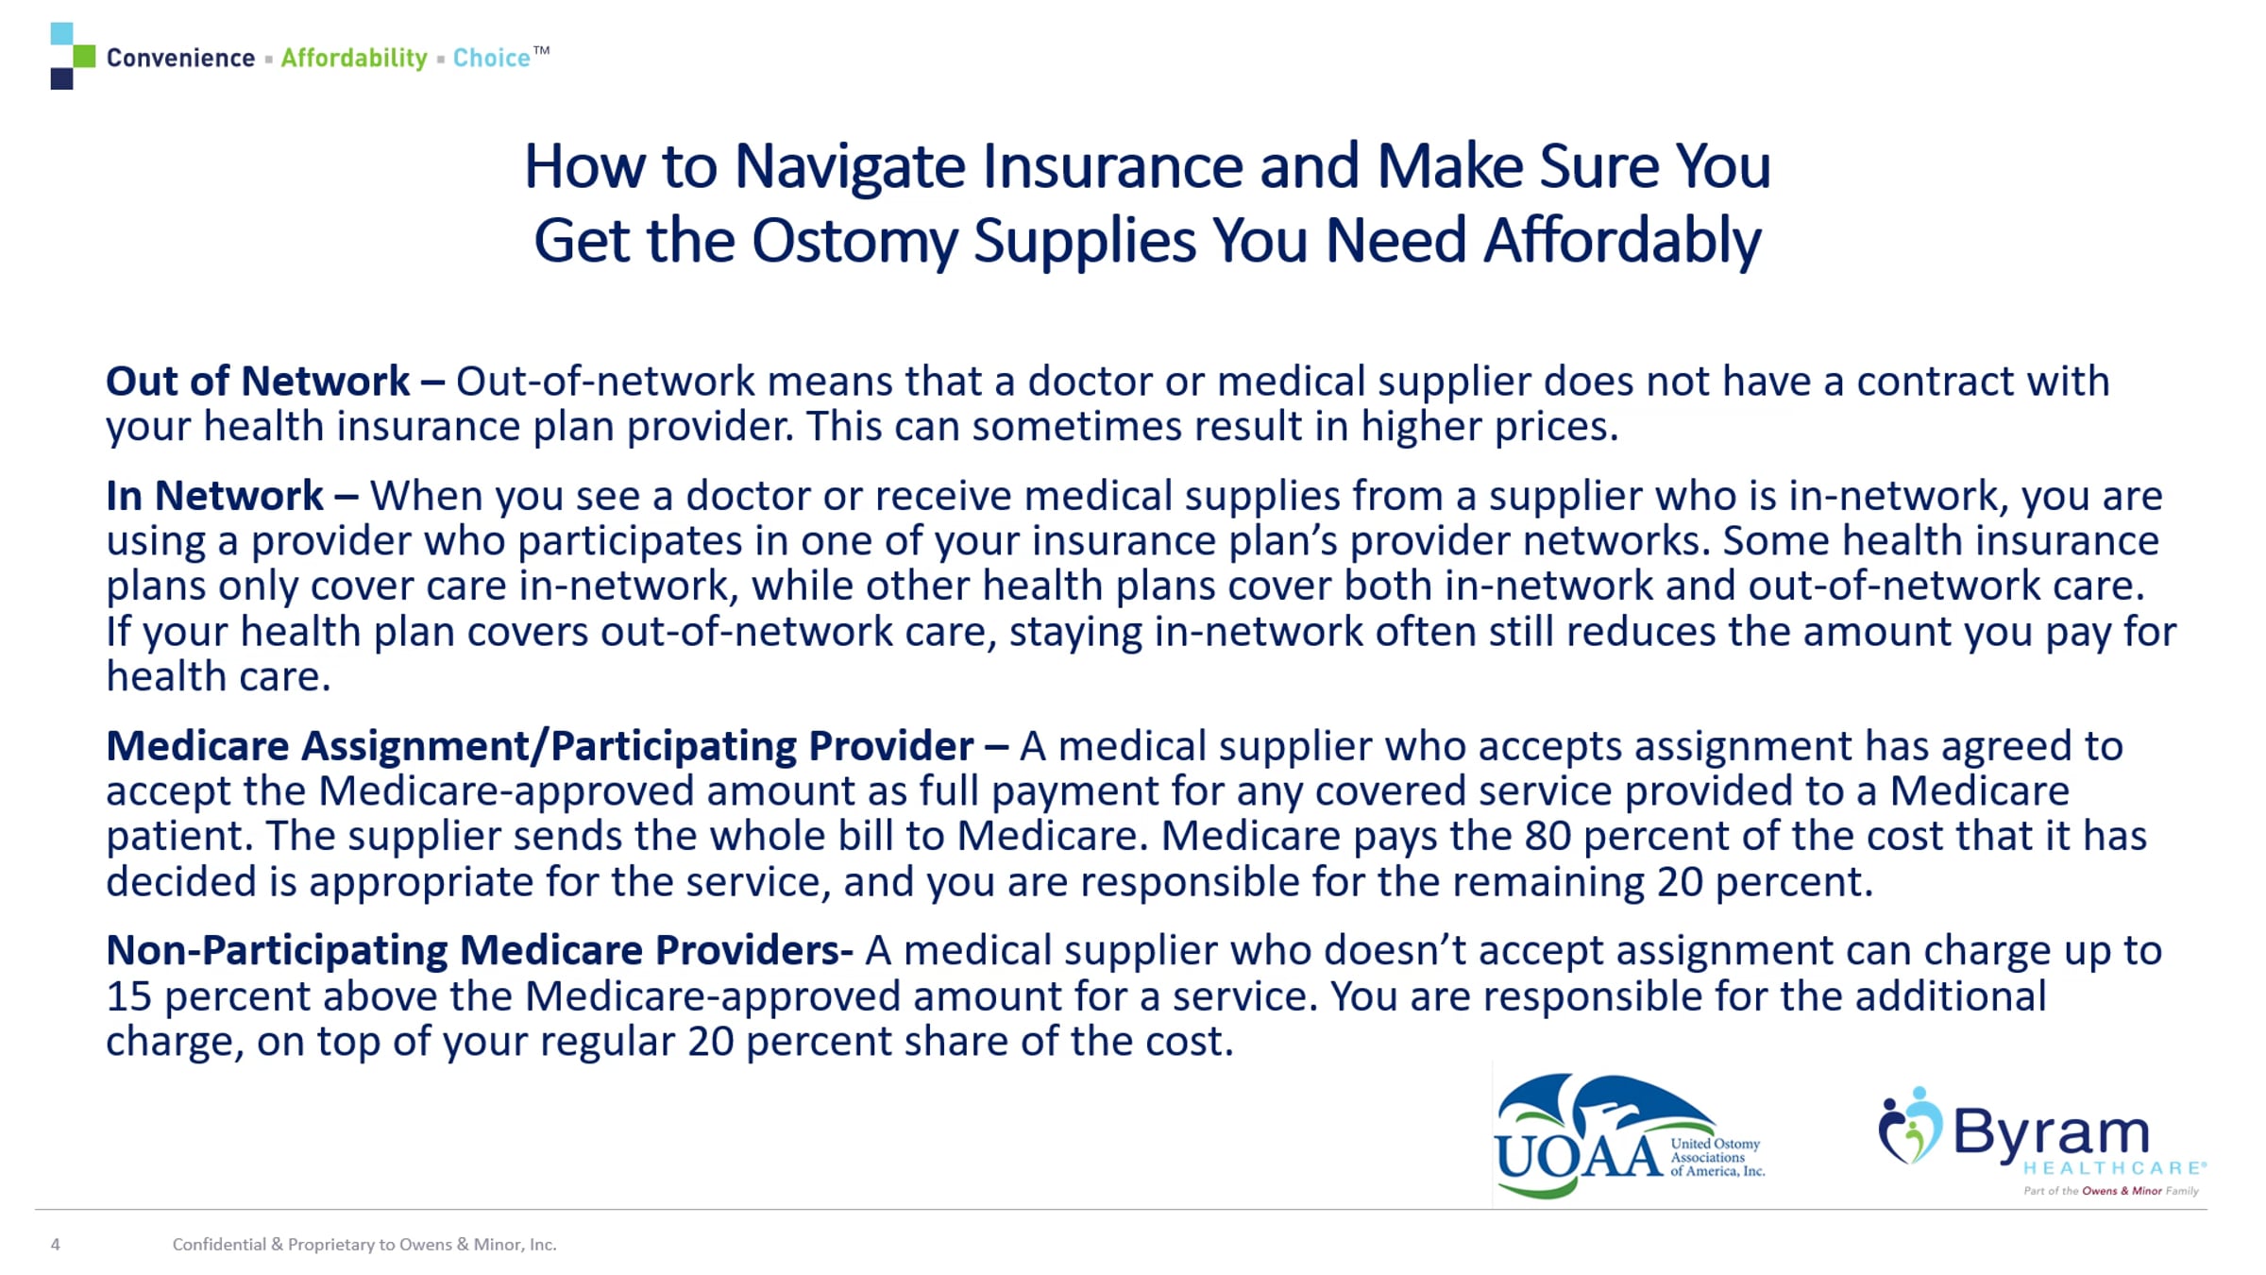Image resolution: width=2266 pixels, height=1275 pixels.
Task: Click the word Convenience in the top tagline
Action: tap(180, 58)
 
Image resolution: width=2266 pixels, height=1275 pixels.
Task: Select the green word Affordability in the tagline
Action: tap(354, 59)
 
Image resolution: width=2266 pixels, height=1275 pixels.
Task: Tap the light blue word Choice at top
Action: tap(491, 58)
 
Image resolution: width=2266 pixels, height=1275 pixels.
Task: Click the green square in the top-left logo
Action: tap(84, 56)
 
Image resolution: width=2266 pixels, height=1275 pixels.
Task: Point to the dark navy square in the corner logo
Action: tap(61, 78)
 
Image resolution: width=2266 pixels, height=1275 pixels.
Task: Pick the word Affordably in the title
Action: tap(1621, 242)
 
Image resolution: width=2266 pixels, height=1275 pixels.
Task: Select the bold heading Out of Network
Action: tap(258, 381)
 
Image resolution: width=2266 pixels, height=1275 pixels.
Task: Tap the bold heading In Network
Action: tap(215, 496)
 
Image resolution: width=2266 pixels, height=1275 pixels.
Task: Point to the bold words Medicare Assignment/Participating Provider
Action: tap(540, 746)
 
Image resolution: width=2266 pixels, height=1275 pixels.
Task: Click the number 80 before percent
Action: tap(1547, 836)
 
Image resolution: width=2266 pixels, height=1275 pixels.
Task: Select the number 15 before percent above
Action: tap(128, 996)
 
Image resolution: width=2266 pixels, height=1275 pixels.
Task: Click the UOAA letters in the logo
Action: tap(1579, 1155)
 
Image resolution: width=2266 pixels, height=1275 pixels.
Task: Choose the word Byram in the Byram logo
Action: tap(2050, 1131)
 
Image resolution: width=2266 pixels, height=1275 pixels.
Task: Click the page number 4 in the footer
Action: tap(56, 1245)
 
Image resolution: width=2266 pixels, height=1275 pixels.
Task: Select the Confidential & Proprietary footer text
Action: tap(364, 1245)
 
